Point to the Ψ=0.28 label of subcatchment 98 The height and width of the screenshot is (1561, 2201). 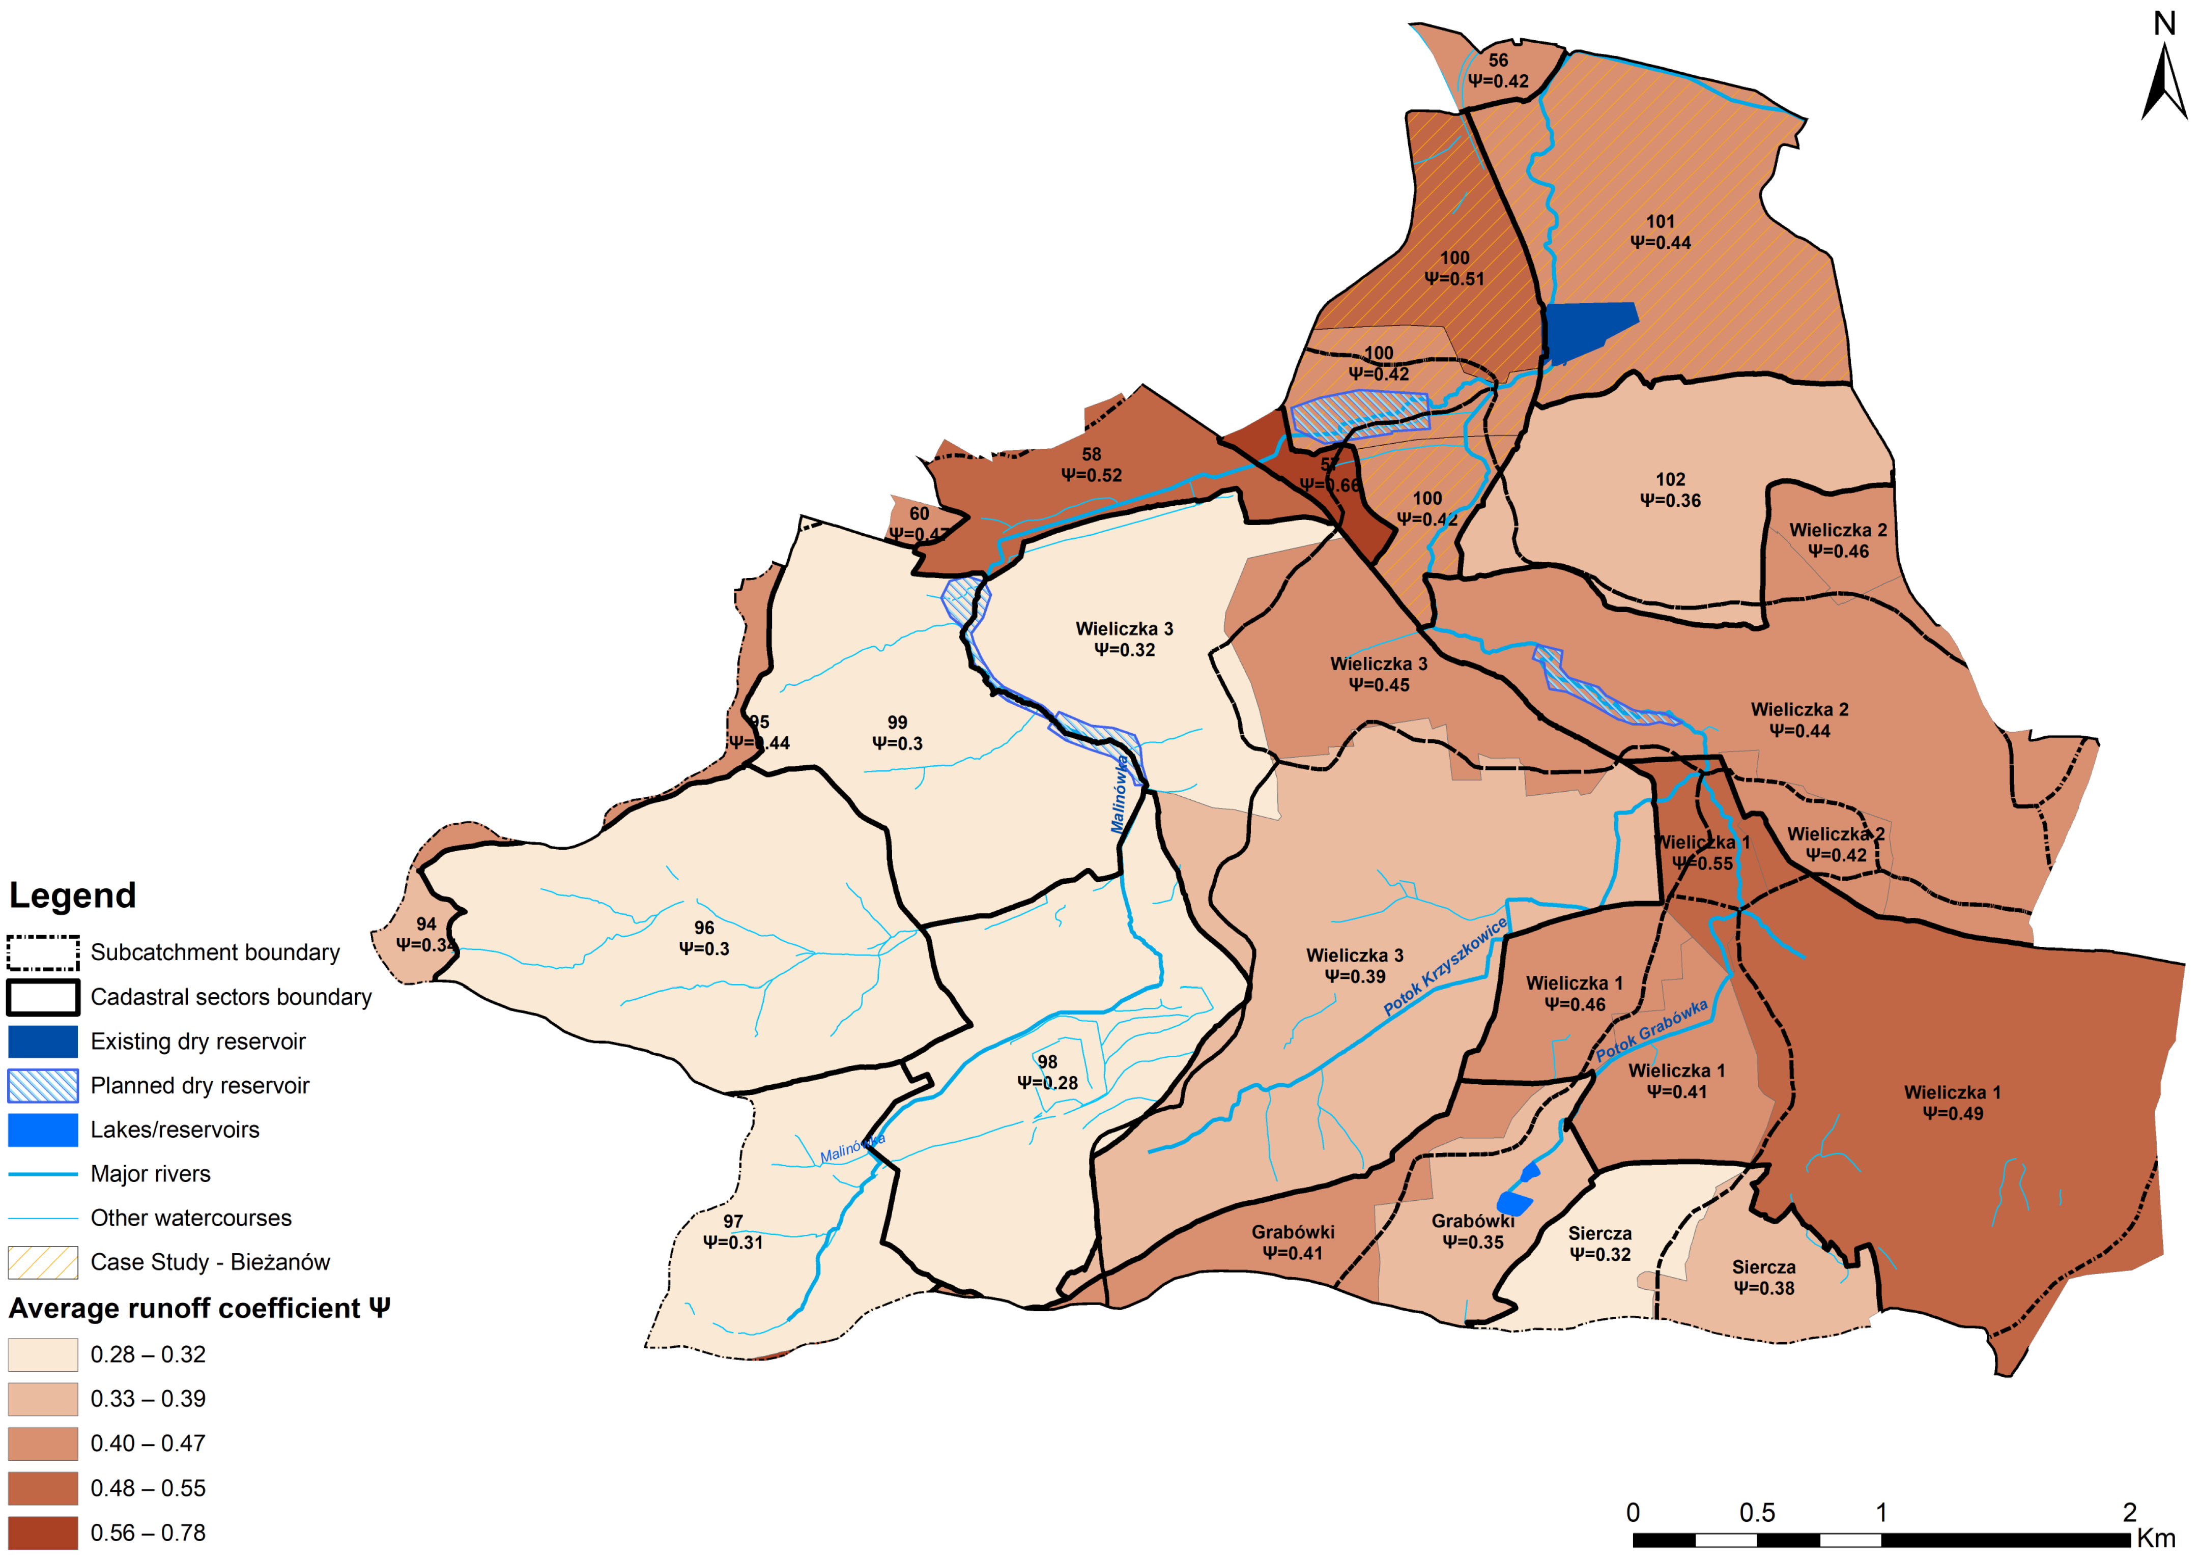(x=1048, y=1082)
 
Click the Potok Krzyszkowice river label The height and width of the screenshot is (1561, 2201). (x=1445, y=967)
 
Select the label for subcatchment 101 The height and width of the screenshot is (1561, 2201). (x=1660, y=222)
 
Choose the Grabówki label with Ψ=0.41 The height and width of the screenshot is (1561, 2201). (x=1293, y=1242)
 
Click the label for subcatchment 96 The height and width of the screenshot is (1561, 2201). (x=703, y=928)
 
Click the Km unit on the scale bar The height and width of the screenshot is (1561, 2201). (x=2156, y=1538)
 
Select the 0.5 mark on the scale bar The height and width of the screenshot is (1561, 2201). (x=1757, y=1513)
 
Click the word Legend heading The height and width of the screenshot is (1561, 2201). (x=72, y=895)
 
